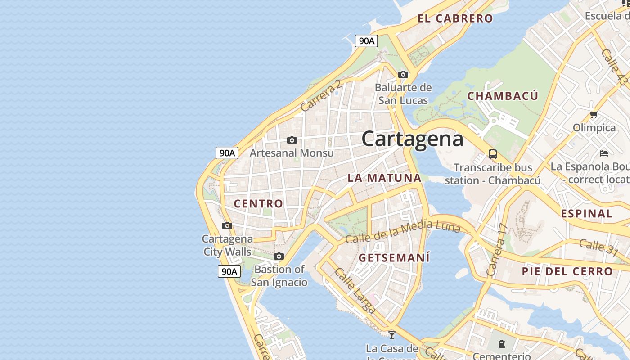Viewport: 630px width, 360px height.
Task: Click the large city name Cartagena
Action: [412, 139]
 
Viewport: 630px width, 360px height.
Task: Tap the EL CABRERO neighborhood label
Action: [455, 18]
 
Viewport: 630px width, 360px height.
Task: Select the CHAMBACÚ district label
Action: [503, 96]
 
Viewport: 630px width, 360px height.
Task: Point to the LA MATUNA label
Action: [384, 178]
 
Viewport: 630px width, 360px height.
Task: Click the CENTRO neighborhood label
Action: [258, 203]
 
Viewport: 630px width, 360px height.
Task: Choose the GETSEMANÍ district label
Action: [394, 258]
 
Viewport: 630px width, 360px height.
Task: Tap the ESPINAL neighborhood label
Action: [587, 213]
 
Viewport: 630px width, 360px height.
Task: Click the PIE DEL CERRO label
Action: [567, 271]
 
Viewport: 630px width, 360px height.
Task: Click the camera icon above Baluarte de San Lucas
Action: [403, 74]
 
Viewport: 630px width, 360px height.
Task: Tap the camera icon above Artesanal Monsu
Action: [292, 140]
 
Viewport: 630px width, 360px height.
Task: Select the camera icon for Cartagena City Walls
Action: [227, 225]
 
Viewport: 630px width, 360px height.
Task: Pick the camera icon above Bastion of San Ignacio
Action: [279, 256]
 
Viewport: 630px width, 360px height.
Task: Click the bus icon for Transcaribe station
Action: [493, 154]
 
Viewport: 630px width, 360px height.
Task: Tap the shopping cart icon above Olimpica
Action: [594, 115]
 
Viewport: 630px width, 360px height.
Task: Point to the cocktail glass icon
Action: [392, 335]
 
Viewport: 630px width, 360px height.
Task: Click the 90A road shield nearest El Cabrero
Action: [366, 41]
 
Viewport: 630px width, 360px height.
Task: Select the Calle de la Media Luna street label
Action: [403, 231]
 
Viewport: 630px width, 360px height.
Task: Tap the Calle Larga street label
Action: [355, 291]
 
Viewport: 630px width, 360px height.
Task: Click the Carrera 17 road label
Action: [497, 250]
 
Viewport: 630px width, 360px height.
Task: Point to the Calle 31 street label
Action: [598, 247]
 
